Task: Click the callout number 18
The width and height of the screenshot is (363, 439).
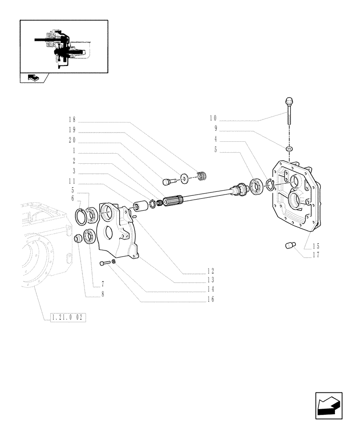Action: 72,119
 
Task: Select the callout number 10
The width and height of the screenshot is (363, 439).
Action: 213,119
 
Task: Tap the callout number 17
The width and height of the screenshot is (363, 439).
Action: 316,254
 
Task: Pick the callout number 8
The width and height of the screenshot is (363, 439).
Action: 103,295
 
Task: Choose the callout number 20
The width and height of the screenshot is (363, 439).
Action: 72,140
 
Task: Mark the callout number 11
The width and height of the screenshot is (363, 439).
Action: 72,180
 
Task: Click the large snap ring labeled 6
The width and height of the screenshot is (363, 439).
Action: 81,216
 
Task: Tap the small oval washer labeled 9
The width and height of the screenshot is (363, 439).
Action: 289,149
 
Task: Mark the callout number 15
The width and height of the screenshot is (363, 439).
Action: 316,246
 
